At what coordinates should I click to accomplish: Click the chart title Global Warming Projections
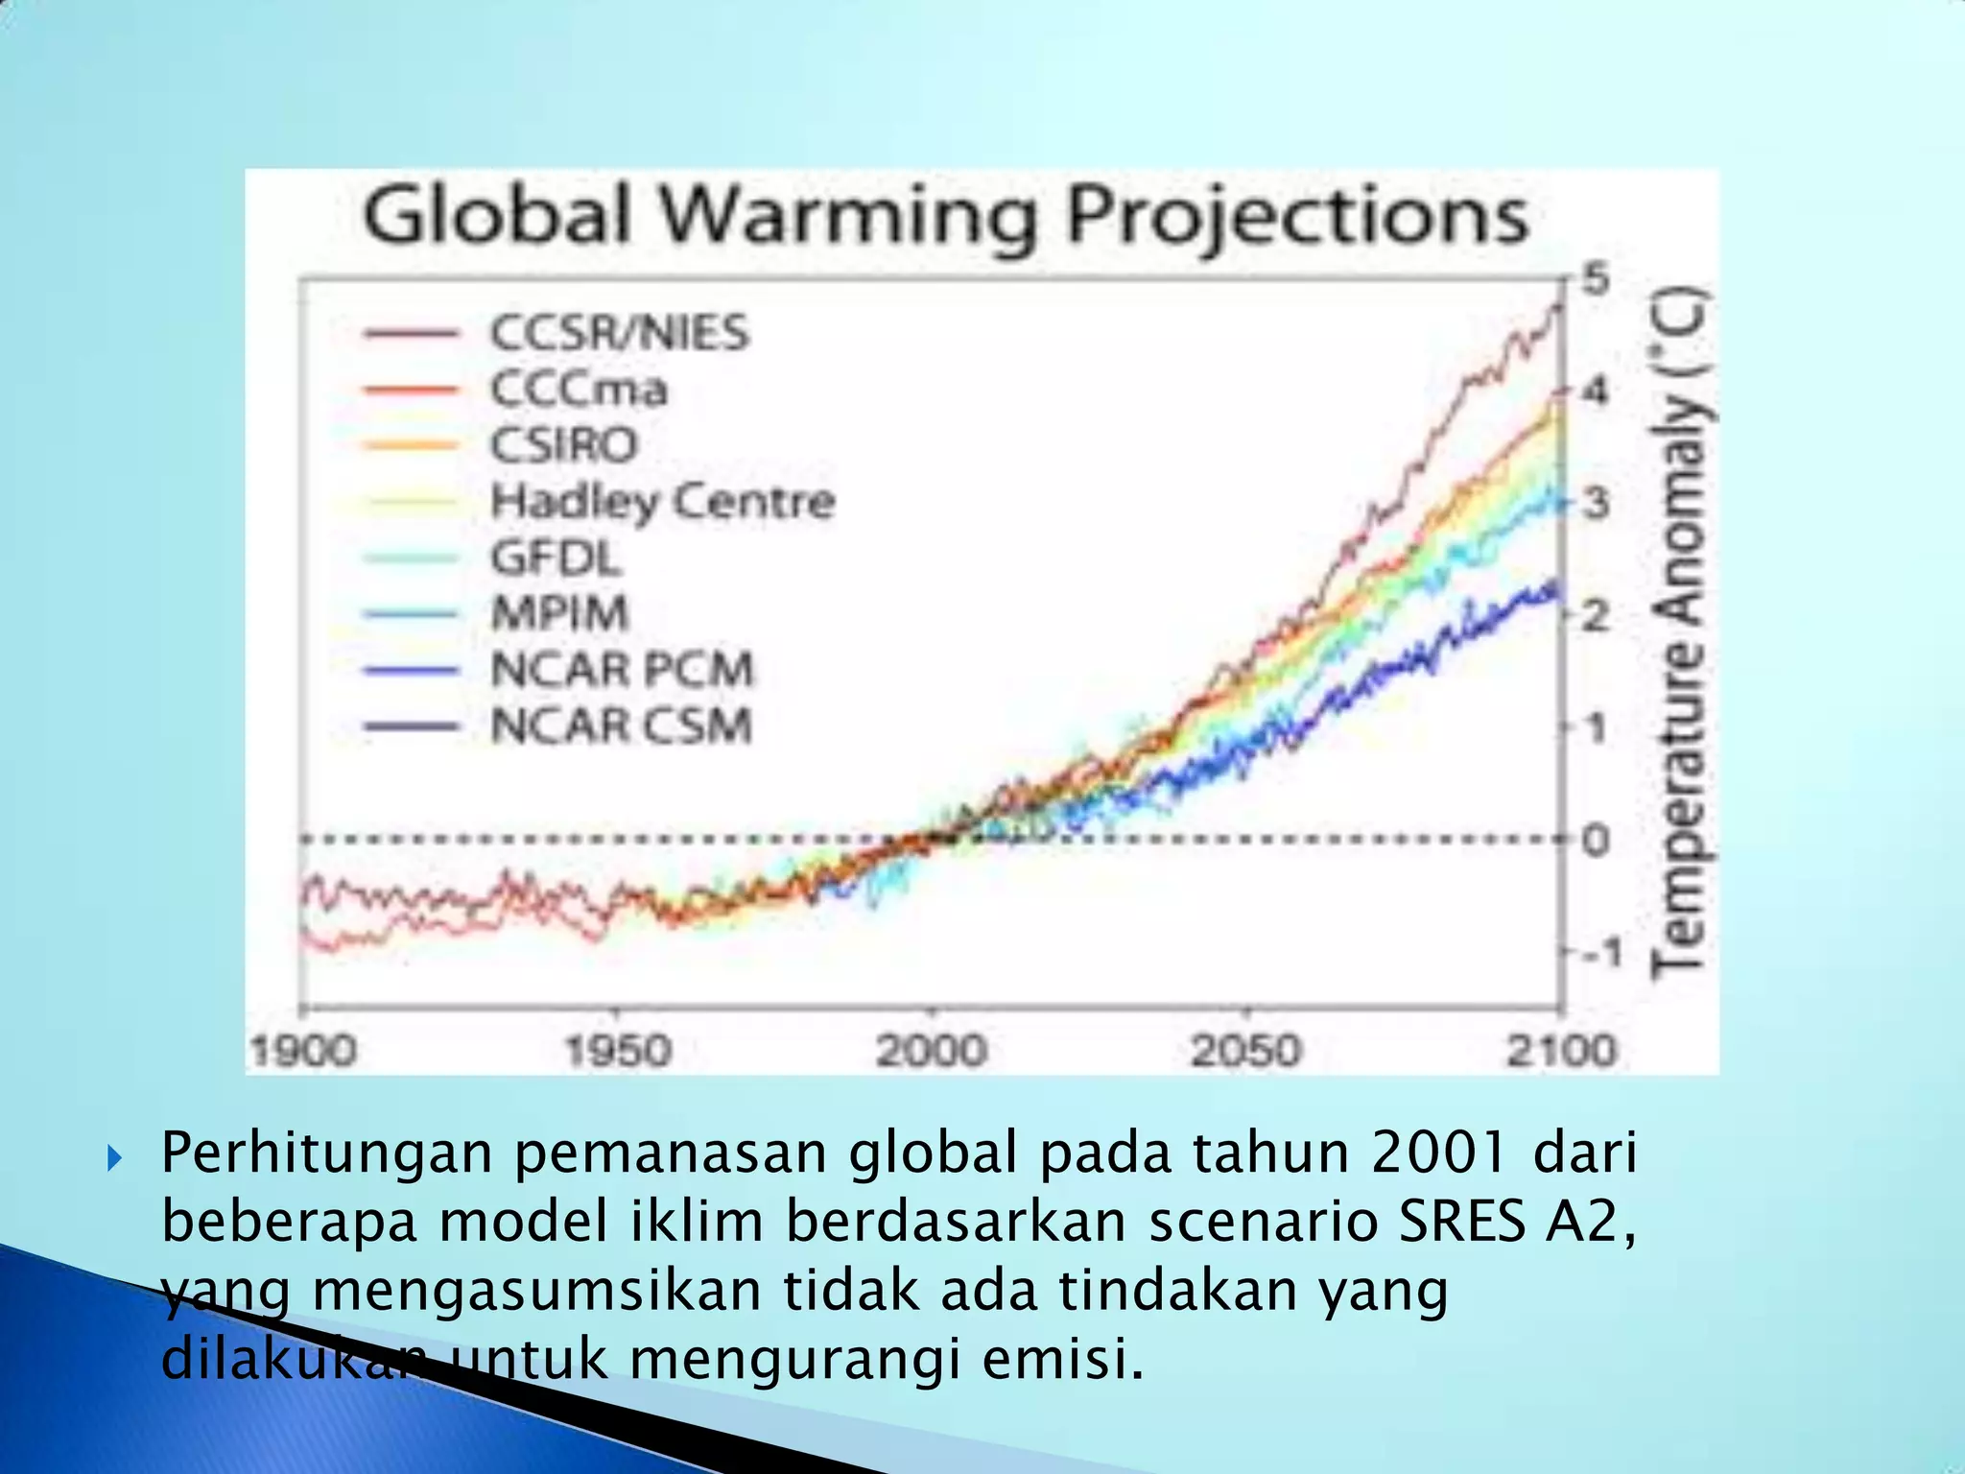[945, 216]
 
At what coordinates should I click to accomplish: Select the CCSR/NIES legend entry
[619, 333]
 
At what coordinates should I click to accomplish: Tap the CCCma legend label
[579, 390]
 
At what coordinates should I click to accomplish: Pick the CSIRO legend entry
[564, 445]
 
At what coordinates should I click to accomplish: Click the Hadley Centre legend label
[663, 502]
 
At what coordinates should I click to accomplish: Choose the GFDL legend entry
[556, 558]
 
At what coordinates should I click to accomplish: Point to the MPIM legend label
[560, 613]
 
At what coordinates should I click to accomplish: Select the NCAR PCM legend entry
[622, 670]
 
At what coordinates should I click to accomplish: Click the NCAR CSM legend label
[621, 725]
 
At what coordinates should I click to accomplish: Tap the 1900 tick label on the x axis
[303, 1051]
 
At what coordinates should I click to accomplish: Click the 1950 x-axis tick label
[618, 1051]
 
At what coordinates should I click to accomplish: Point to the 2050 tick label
[1245, 1051]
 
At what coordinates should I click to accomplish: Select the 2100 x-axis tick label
[1561, 1051]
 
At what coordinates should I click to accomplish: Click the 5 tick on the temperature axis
[1596, 280]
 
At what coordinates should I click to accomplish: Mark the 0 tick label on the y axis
[1596, 841]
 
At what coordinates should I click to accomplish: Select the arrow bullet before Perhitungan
[115, 1158]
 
